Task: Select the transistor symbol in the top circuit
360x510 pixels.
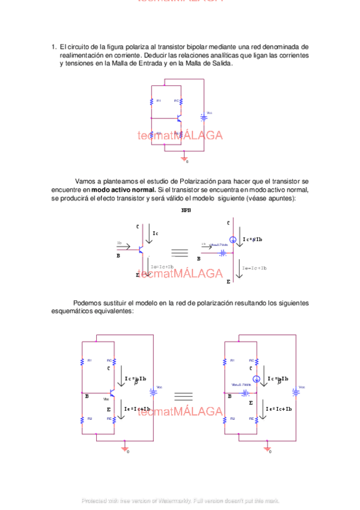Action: (179, 118)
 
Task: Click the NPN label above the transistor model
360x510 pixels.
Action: (186, 210)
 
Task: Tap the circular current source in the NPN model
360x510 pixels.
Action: (232, 239)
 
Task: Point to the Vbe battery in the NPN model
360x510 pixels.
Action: (223, 253)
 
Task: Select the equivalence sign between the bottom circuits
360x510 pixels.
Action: (183, 396)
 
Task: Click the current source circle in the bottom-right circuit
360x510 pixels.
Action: (257, 379)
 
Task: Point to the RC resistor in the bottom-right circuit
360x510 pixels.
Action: (257, 361)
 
